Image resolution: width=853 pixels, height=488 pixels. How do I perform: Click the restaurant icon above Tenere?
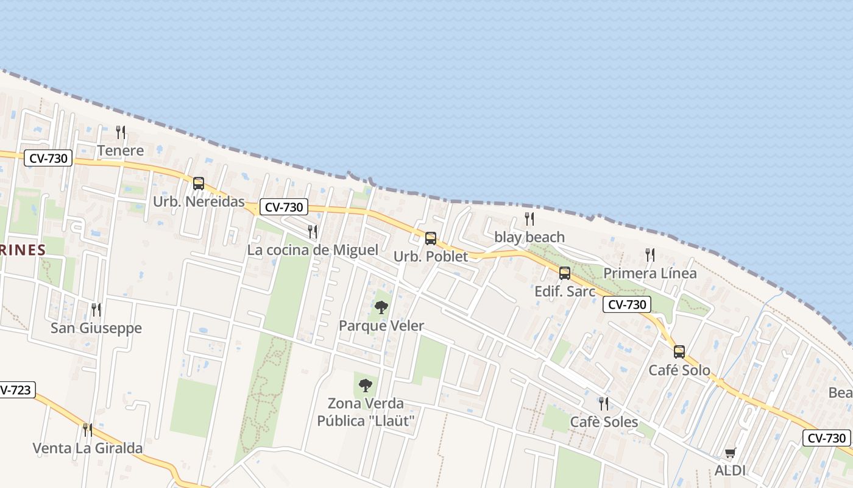tap(121, 132)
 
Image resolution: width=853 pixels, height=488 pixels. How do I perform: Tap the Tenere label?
tap(121, 151)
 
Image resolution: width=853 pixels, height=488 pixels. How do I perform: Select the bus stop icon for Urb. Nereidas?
tap(199, 183)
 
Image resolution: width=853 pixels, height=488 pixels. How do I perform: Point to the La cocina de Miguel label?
tap(313, 250)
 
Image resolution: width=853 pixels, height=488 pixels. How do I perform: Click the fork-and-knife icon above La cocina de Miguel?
tap(313, 231)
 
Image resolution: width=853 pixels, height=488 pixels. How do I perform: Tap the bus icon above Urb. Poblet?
tap(431, 238)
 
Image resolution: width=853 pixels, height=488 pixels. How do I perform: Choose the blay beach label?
tap(529, 237)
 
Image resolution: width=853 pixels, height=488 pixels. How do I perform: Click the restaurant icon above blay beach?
tap(529, 218)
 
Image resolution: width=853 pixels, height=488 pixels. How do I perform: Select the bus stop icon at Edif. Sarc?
tap(565, 273)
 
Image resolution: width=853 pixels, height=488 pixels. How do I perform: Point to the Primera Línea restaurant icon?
tap(650, 254)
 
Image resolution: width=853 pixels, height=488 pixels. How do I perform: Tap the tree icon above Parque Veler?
tap(381, 307)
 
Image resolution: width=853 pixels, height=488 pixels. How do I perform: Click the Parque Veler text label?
tap(381, 326)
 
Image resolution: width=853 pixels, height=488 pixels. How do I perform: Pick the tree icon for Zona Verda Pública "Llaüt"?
tap(366, 385)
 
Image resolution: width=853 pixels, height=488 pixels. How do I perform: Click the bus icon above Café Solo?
tap(679, 351)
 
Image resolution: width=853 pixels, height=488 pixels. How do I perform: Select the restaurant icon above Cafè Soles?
tap(604, 403)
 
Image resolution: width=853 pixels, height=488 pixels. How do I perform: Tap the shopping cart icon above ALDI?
tap(730, 453)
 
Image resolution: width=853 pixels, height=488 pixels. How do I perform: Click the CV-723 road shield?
tap(16, 390)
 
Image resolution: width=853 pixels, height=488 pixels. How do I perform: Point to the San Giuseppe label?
tap(96, 328)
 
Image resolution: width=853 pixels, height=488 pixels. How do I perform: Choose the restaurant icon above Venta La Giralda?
tap(88, 429)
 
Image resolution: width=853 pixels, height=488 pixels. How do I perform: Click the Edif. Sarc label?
tap(565, 292)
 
